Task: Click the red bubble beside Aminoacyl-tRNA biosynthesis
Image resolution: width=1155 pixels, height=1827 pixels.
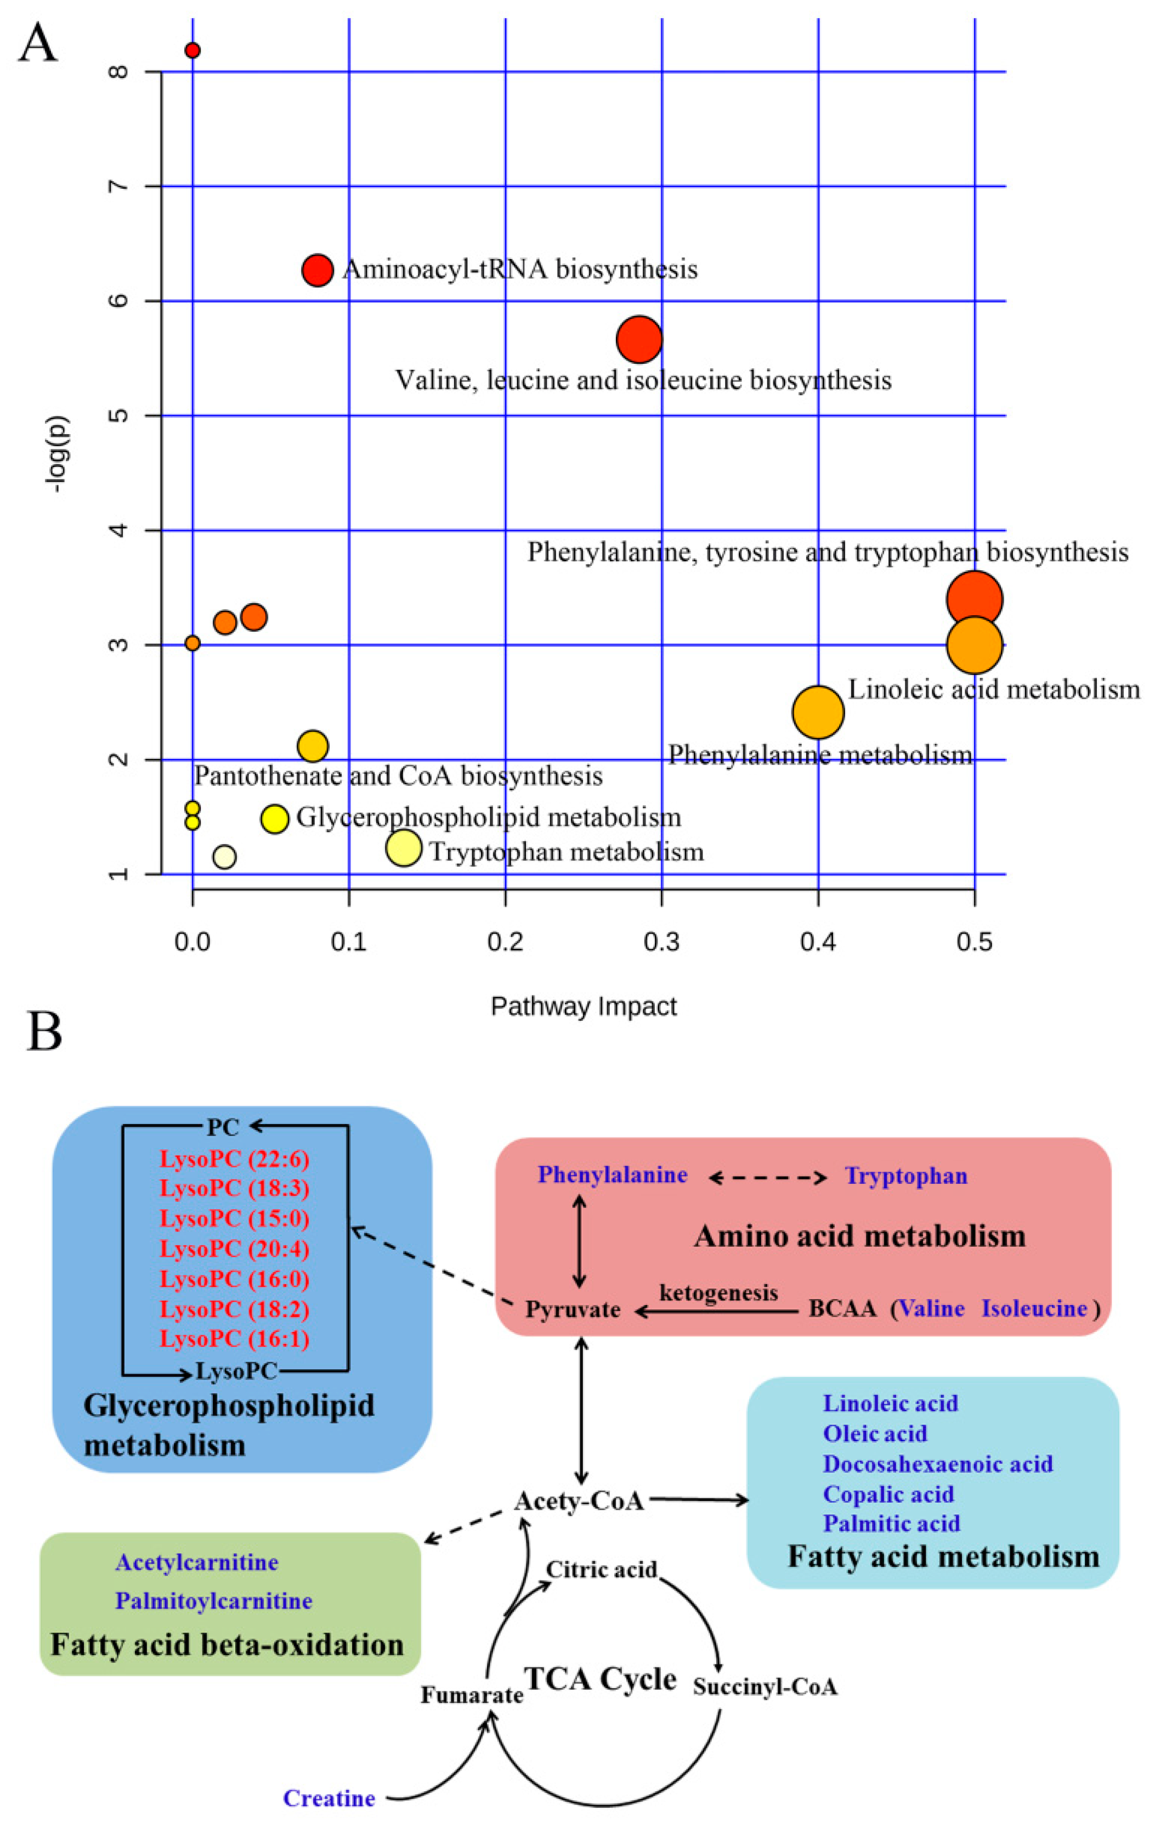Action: (318, 269)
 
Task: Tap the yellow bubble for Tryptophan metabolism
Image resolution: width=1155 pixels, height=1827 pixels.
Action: (404, 847)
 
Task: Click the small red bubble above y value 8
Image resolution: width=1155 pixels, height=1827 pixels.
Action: (192, 50)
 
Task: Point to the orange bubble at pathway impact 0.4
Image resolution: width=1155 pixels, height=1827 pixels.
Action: (818, 712)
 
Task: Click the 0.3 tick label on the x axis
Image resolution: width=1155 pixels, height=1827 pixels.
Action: (661, 942)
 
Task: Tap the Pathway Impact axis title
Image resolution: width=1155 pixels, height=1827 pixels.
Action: (583, 1006)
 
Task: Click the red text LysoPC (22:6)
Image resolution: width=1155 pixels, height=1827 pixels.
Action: (234, 1159)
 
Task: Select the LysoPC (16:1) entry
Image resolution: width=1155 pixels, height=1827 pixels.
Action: (234, 1339)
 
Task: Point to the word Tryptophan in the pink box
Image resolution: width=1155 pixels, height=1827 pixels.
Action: (906, 1176)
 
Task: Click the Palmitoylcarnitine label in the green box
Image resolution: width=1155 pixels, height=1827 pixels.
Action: (213, 1601)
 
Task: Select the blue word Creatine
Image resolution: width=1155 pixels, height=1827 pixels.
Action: (329, 1798)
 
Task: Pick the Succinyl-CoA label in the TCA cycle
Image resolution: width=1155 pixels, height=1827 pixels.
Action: (765, 1687)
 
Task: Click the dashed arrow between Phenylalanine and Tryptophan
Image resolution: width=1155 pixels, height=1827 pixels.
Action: (767, 1178)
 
